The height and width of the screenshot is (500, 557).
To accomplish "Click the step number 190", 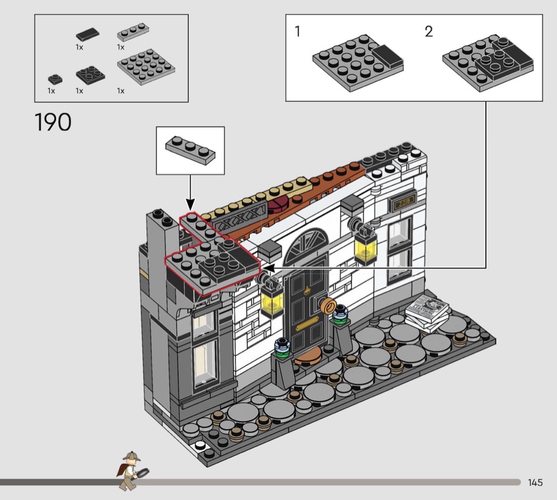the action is pyautogui.click(x=53, y=122).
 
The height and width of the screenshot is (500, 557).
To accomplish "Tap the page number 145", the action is pyautogui.click(x=535, y=482).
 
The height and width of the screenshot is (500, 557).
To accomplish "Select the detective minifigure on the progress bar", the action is pyautogui.click(x=132, y=470).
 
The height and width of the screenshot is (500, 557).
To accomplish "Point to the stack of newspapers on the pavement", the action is pyautogui.click(x=427, y=313).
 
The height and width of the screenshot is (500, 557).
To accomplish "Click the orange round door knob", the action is pyautogui.click(x=328, y=306).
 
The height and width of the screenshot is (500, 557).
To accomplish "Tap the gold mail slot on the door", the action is pyautogui.click(x=307, y=323).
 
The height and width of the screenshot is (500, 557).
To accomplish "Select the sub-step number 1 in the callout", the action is pyautogui.click(x=298, y=31).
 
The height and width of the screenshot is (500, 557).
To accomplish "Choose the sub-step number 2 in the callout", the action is pyautogui.click(x=429, y=31).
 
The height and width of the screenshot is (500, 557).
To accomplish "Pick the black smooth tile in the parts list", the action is pyautogui.click(x=88, y=34).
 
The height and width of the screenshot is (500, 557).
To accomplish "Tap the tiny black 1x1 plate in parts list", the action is pyautogui.click(x=55, y=79).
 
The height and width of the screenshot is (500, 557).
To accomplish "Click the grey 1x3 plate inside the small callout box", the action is pyautogui.click(x=190, y=150).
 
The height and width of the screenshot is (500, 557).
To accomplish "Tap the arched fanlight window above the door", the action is pyautogui.click(x=306, y=245).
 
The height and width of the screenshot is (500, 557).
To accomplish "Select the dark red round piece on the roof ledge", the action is pyautogui.click(x=279, y=204).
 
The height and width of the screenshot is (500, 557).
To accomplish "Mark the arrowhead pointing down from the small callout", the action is pyautogui.click(x=190, y=205).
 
